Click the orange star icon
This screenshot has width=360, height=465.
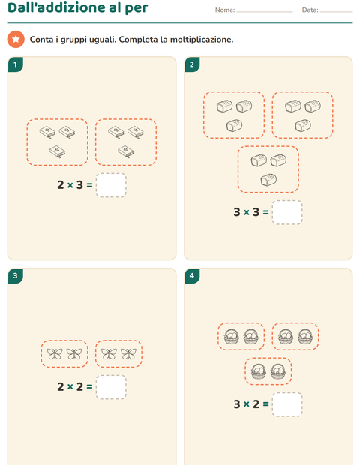click(x=16, y=39)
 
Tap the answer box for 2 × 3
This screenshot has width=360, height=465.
click(x=111, y=185)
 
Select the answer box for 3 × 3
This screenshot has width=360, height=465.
click(x=287, y=212)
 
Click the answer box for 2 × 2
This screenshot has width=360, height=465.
click(x=111, y=387)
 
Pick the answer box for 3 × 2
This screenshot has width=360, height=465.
click(x=287, y=404)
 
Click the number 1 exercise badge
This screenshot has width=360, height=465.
click(x=16, y=64)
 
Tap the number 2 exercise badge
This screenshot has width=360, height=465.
click(x=192, y=64)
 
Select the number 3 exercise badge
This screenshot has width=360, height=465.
click(x=16, y=276)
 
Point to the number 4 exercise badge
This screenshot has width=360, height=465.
click(x=192, y=276)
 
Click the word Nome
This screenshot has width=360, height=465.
click(x=225, y=10)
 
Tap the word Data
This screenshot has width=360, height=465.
click(x=310, y=10)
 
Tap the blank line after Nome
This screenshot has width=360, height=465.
click(x=265, y=12)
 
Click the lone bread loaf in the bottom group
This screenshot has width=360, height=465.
click(x=268, y=180)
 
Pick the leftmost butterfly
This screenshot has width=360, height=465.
click(x=55, y=353)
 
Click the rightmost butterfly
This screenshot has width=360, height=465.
click(x=128, y=353)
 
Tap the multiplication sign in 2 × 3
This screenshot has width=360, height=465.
click(x=70, y=185)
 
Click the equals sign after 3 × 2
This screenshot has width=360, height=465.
click(x=265, y=404)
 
